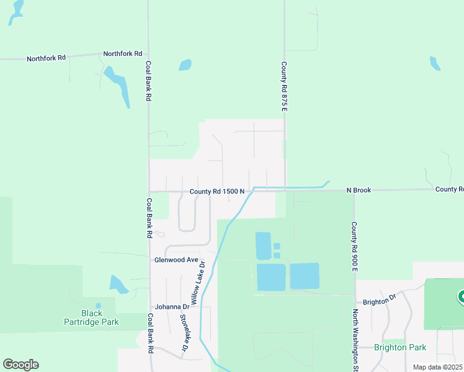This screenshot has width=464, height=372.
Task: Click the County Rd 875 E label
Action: pyautogui.click(x=284, y=86)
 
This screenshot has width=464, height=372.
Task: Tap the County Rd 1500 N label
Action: pyautogui.click(x=217, y=192)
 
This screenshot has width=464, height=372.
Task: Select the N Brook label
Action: pyautogui.click(x=359, y=190)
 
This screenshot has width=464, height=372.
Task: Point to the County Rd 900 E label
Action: pyautogui.click(x=354, y=247)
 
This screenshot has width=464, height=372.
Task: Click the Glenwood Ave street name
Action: pyautogui.click(x=176, y=260)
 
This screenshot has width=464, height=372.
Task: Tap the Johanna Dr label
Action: pyautogui.click(x=172, y=306)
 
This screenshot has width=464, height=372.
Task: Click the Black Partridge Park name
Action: pyautogui.click(x=91, y=317)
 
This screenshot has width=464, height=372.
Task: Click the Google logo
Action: pyautogui.click(x=20, y=365)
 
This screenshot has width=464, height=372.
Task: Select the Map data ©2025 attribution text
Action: pyautogui.click(x=437, y=367)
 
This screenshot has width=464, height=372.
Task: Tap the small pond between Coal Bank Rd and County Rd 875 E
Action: pyautogui.click(x=185, y=64)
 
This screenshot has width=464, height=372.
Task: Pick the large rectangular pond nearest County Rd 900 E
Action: pyautogui.click(x=305, y=276)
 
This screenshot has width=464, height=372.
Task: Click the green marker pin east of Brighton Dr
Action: pyautogui.click(x=461, y=298)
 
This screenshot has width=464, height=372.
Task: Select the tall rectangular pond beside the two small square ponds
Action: pyautogui.click(x=263, y=246)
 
